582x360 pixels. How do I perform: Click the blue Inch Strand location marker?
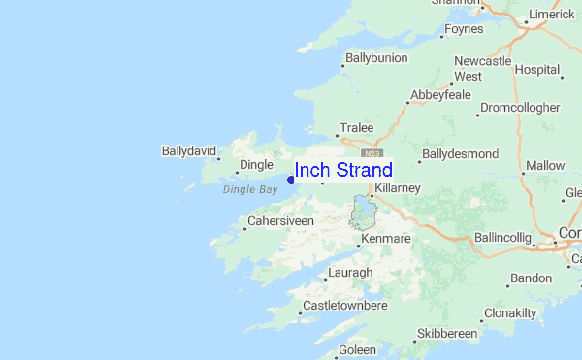click(291, 179)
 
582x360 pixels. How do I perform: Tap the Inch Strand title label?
click(343, 171)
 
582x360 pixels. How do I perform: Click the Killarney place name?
click(398, 186)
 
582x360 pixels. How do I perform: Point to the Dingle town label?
click(256, 165)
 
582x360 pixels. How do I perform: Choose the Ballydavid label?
click(187, 151)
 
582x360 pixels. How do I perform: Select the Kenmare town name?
click(386, 239)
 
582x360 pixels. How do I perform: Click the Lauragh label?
click(349, 273)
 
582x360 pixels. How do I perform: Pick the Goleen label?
click(358, 349)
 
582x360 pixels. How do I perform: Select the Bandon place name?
click(531, 278)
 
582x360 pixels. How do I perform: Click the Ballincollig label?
click(502, 238)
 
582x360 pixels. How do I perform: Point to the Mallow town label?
click(544, 166)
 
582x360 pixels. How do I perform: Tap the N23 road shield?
click(372, 153)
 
